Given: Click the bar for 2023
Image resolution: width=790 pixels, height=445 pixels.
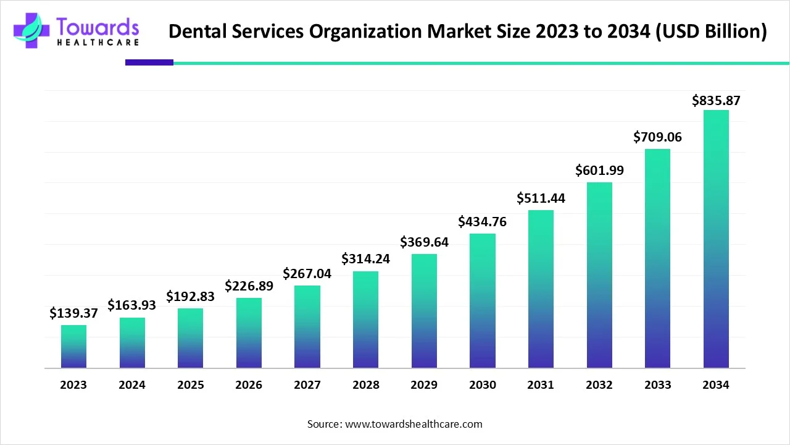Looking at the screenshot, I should point(73,346).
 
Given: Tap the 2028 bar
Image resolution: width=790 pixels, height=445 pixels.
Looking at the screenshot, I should point(365,320).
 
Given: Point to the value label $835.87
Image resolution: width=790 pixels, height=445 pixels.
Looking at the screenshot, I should point(716,100).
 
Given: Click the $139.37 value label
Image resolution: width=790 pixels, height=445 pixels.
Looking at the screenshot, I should point(73,313).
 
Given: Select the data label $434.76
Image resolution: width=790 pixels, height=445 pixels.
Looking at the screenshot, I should point(482,222).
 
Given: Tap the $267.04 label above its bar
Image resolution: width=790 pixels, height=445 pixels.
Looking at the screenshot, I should point(307,273).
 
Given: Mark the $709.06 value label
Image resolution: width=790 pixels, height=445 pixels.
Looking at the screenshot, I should point(657,137).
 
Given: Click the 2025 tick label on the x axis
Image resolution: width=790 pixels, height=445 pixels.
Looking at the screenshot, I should point(190,385).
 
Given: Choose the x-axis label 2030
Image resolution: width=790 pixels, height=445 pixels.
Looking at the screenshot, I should point(482,385).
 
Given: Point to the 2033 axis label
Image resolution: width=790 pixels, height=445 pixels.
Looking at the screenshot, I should point(657,385).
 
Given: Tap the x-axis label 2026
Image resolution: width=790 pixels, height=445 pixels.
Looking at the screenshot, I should point(249,385).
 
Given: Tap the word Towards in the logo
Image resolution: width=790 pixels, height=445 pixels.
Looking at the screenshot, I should point(98,27).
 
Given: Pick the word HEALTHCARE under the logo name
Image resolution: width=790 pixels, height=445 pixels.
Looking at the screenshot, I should point(98,43).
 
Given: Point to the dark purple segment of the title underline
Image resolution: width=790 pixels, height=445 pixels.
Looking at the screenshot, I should point(149,62).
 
